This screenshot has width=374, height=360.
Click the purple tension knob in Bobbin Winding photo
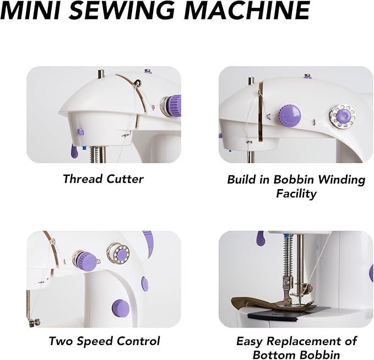click(x=290, y=117)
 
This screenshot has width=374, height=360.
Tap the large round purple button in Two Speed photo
click(x=118, y=307)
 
